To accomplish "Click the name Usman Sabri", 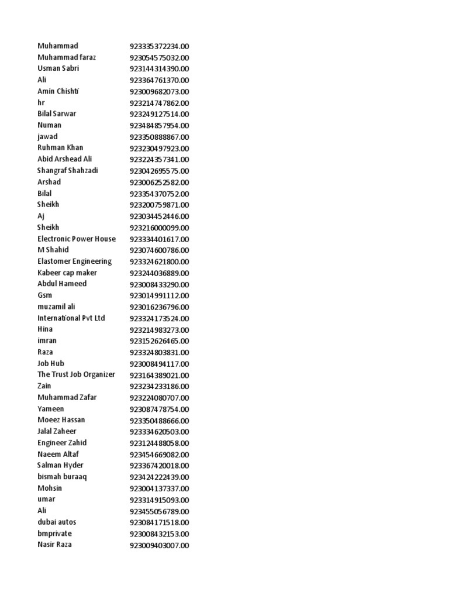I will [58, 68].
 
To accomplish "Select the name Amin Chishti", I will [58, 91].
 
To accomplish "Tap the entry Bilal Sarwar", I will [57, 113].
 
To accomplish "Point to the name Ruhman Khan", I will [60, 147].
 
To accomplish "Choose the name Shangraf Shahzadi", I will [68, 170].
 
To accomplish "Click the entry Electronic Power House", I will [77, 239].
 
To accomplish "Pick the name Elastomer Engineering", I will [75, 261].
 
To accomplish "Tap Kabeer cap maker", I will [67, 273].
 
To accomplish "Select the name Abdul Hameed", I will [62, 284].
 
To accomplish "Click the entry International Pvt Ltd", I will [71, 318].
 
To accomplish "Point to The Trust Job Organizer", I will [77, 374].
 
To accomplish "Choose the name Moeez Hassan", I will [61, 420].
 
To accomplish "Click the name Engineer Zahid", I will [62, 443].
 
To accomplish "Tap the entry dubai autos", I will [57, 522].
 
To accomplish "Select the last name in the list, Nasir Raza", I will [54, 545].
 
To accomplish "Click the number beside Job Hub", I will [159, 364].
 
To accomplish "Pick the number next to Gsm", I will [159, 296].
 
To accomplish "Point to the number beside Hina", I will [159, 330].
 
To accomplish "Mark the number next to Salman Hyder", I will [159, 466].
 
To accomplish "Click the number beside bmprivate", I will [159, 534].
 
